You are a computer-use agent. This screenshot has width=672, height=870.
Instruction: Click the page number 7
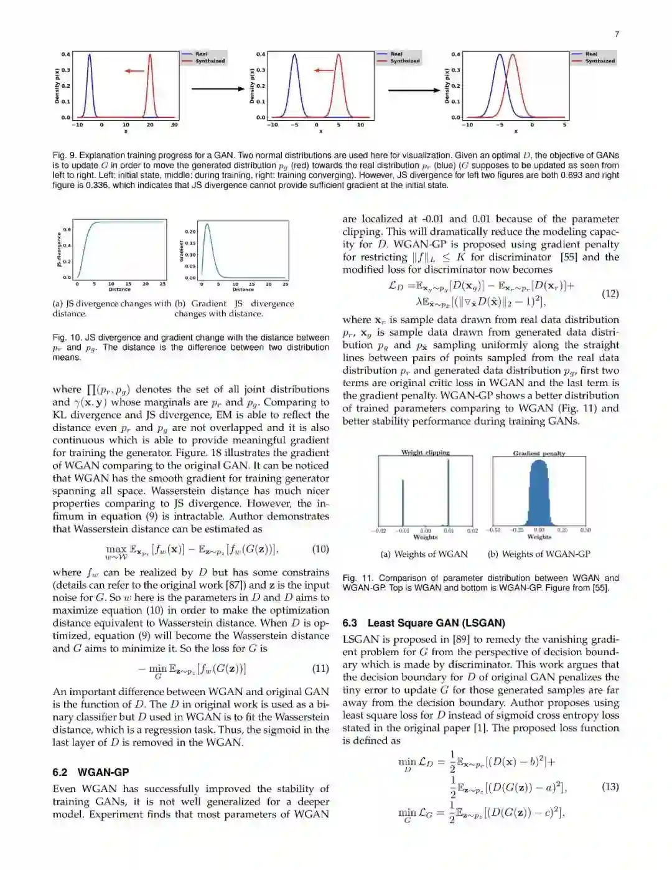617,34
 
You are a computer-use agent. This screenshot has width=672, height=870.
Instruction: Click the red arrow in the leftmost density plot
134,71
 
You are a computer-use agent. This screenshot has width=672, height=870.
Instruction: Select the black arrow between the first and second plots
218,89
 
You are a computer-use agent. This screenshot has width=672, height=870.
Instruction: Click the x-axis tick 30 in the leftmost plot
174,125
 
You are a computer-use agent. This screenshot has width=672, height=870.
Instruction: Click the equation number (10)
320,549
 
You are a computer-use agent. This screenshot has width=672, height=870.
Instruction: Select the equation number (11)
320,668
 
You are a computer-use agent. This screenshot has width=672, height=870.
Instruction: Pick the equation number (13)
610,787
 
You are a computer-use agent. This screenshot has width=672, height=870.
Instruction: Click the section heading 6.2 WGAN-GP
91,772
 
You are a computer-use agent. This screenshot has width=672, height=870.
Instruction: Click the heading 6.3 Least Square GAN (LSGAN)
424,623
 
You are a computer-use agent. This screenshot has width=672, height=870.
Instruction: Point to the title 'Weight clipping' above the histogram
425,453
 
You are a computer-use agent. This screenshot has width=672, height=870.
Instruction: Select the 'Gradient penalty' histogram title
539,453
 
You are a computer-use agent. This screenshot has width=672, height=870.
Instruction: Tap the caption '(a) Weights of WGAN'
424,554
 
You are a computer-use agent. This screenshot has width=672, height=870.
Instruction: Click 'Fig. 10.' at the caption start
66,338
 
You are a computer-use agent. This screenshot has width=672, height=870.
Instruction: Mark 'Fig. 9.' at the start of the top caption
64,156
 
